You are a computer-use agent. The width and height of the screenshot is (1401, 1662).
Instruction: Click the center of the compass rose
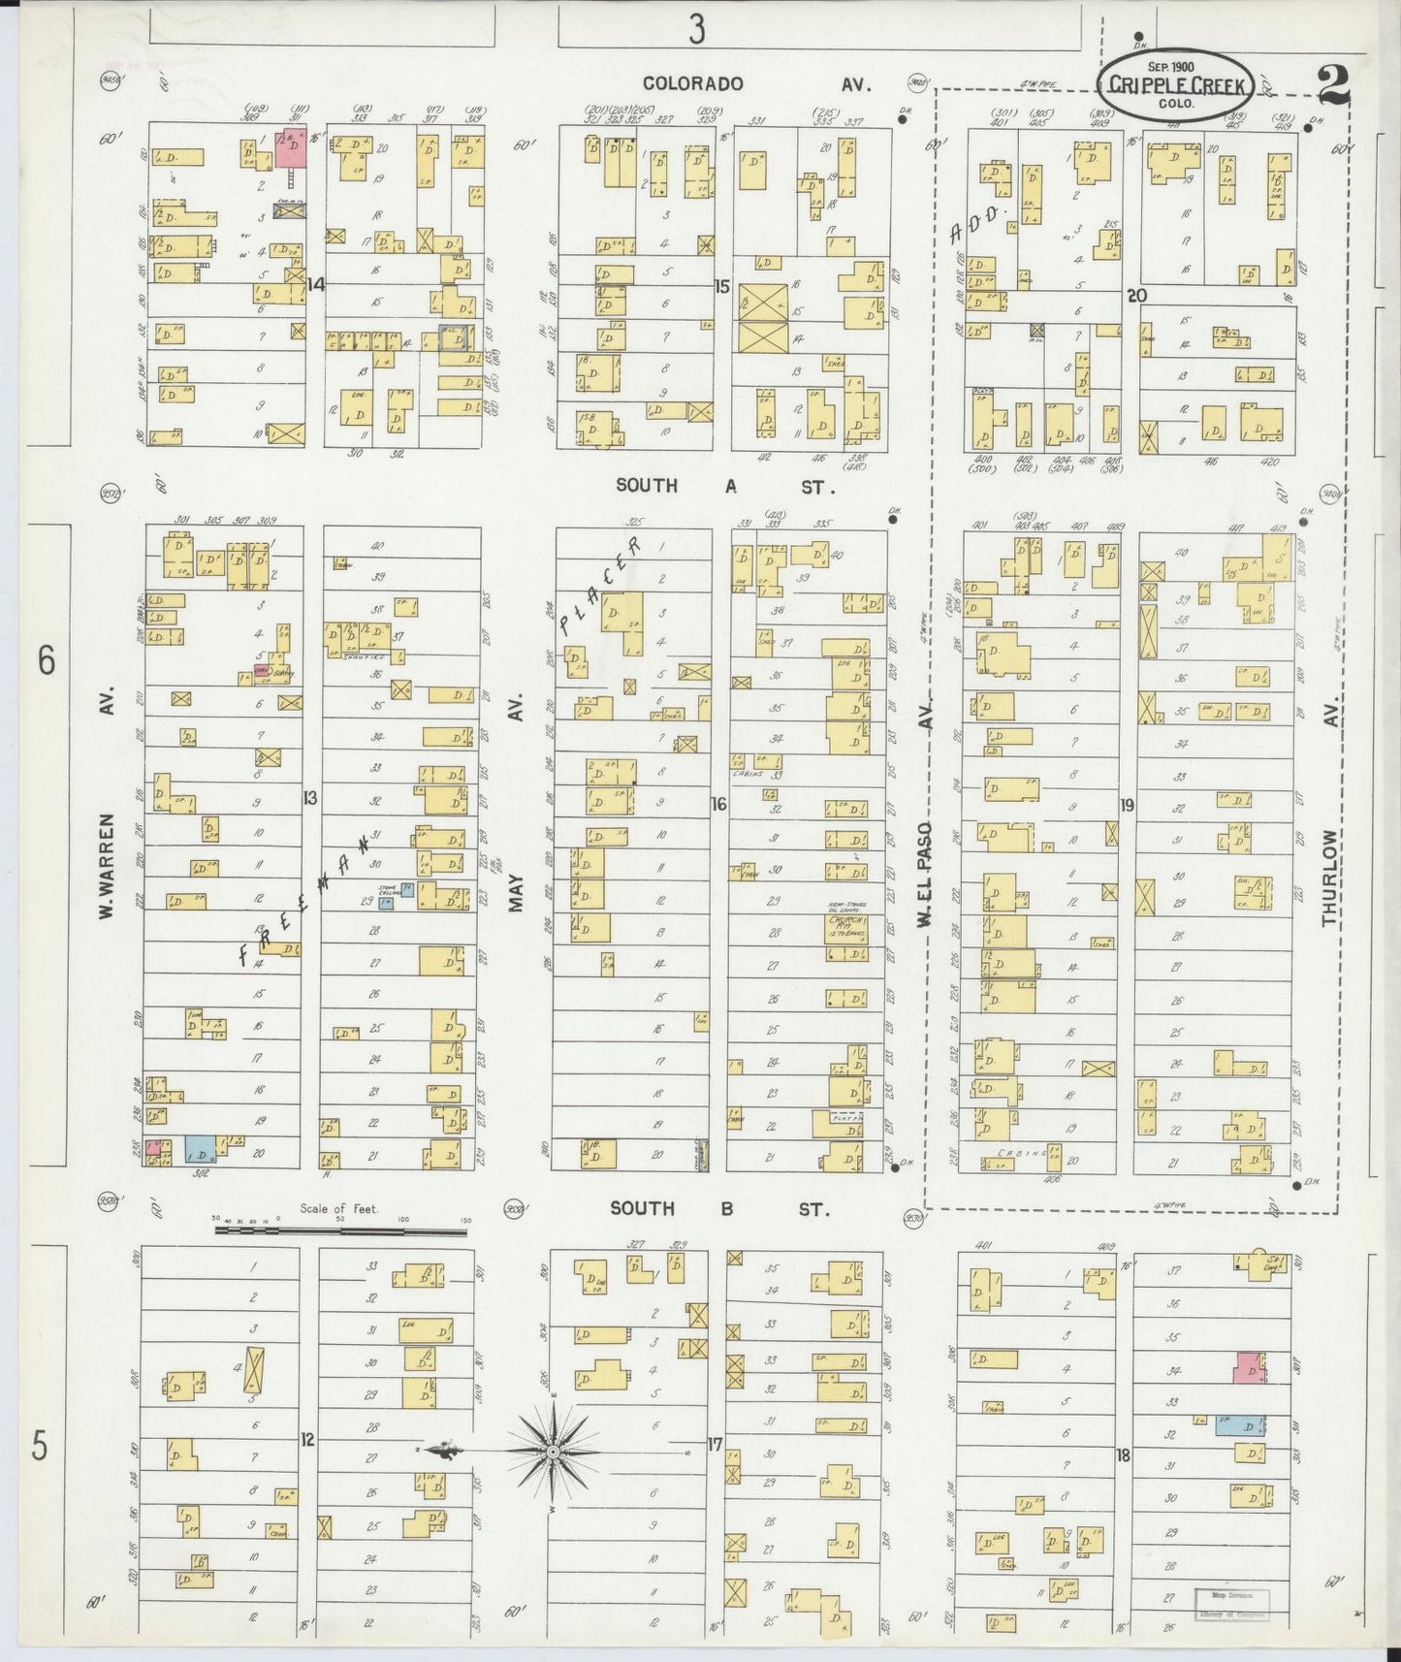tap(552, 1452)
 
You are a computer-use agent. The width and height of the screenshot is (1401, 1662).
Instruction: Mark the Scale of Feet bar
tap(339, 1230)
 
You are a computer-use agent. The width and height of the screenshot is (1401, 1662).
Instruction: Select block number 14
tap(315, 284)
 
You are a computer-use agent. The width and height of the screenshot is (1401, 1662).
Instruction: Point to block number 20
tap(1136, 296)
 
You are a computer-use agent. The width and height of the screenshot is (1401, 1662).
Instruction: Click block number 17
tap(716, 1445)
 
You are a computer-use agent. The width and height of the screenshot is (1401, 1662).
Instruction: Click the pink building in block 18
tap(1249, 1369)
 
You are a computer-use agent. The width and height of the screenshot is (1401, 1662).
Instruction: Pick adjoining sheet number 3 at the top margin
tap(696, 31)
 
